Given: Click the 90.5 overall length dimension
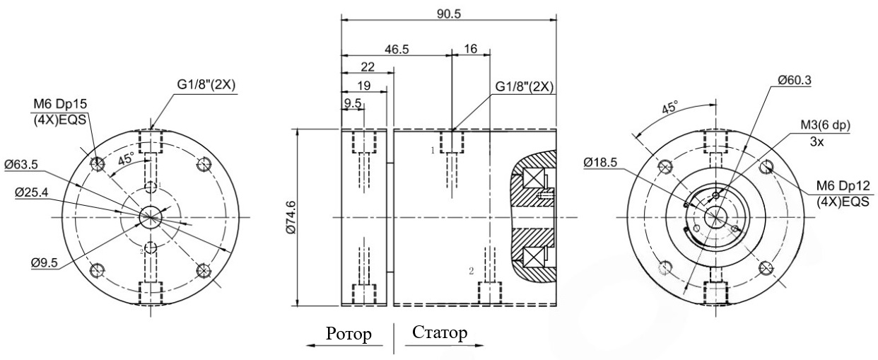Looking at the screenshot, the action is click(x=449, y=13).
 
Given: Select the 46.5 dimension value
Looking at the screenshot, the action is click(x=397, y=50).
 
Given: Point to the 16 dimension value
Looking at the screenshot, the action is click(x=470, y=49).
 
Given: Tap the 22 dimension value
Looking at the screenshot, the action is click(x=368, y=67).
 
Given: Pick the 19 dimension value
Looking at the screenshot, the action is click(x=364, y=86).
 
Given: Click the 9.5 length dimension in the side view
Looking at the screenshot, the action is click(x=353, y=103).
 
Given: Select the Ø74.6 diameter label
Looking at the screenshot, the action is click(x=291, y=217).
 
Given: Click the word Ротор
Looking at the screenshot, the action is click(x=349, y=334).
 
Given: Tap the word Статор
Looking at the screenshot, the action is click(x=440, y=332).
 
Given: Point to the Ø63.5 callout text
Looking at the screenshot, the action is click(x=21, y=165).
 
